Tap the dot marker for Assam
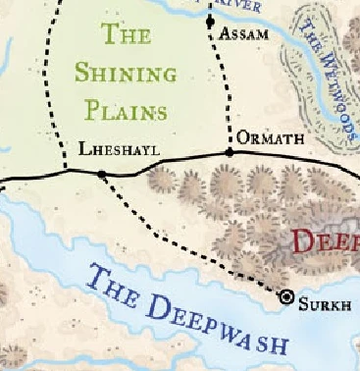tap(210, 22)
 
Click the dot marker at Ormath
tap(230, 153)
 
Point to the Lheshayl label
tap(118, 150)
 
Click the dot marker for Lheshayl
tap(102, 175)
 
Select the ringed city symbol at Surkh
tap(287, 295)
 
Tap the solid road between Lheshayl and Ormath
tap(167, 164)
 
